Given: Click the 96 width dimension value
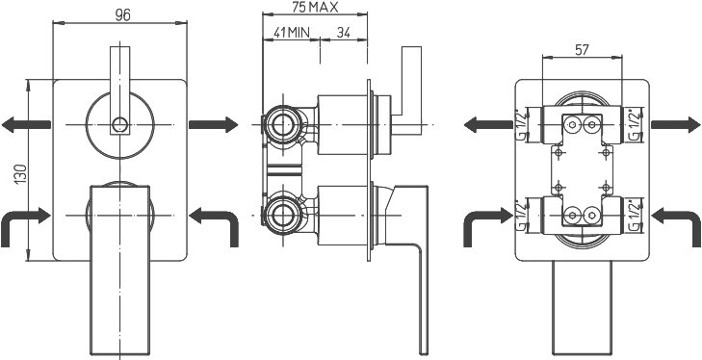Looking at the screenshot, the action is pos(122,14).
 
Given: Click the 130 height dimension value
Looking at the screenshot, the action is pos(20,173).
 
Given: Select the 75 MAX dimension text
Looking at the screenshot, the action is pos(315,7).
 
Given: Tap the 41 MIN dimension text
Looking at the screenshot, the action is pos(291,32).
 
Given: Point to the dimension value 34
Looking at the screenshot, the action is pos(344,32).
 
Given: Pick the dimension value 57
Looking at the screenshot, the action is pos(582,50).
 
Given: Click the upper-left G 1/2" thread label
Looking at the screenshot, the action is pos(521,125).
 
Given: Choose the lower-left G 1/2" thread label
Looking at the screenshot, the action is pos(521,216).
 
